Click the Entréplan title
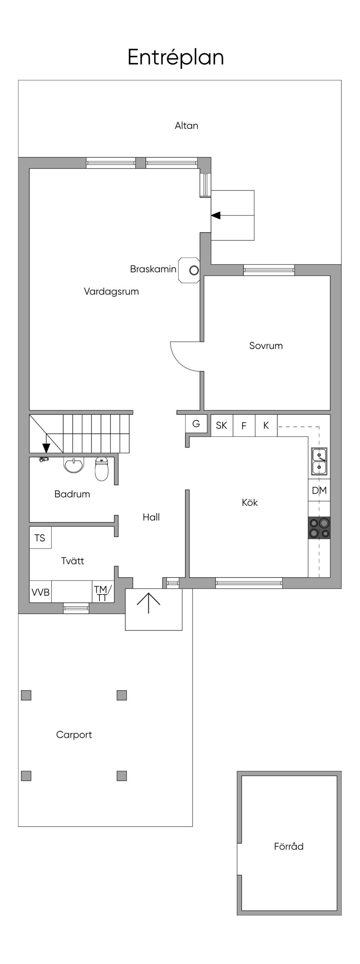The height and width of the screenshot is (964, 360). click(175, 57)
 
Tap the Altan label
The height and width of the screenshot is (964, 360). click(186, 125)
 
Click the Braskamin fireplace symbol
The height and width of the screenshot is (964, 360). click(189, 270)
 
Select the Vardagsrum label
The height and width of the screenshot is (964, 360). click(111, 292)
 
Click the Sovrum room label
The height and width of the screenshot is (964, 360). click(266, 345)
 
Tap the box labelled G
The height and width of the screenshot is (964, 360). click(196, 424)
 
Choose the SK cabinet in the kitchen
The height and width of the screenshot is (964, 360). click(221, 426)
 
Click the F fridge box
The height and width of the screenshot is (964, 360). click(244, 426)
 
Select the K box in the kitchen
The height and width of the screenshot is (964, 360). click(266, 426)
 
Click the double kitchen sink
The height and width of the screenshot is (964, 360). click(319, 461)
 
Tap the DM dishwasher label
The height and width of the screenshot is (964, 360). click(319, 490)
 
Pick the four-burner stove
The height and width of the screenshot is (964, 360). click(319, 528)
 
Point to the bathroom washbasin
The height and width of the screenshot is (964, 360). click(74, 465)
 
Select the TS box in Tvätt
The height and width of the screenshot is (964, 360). click(40, 538)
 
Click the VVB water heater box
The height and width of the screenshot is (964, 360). click(40, 592)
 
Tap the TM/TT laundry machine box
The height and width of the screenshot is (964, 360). click(103, 592)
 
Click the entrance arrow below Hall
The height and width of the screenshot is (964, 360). click(149, 603)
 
